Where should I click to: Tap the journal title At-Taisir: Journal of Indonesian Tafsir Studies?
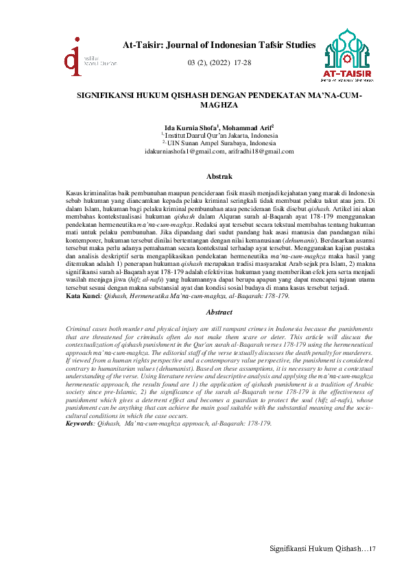219,45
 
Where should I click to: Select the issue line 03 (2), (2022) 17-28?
219,62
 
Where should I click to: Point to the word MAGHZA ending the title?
217,107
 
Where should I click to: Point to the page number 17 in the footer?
373,549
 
